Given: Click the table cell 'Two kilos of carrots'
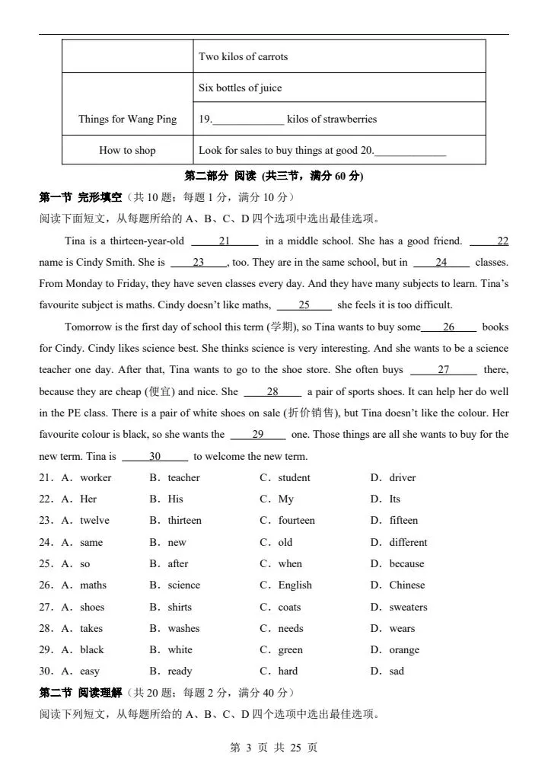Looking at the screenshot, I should point(243,56).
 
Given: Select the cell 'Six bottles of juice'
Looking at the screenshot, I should point(240,88).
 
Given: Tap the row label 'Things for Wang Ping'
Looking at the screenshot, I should point(127,119).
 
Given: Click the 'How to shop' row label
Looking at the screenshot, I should point(127,150).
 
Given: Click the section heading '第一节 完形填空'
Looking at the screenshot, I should point(80,197).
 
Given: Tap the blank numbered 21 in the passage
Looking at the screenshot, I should point(224,241).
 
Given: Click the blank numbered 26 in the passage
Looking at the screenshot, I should point(448,327).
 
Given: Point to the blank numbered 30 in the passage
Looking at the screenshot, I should point(155,457).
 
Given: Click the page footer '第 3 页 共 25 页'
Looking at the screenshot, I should point(273,748).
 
